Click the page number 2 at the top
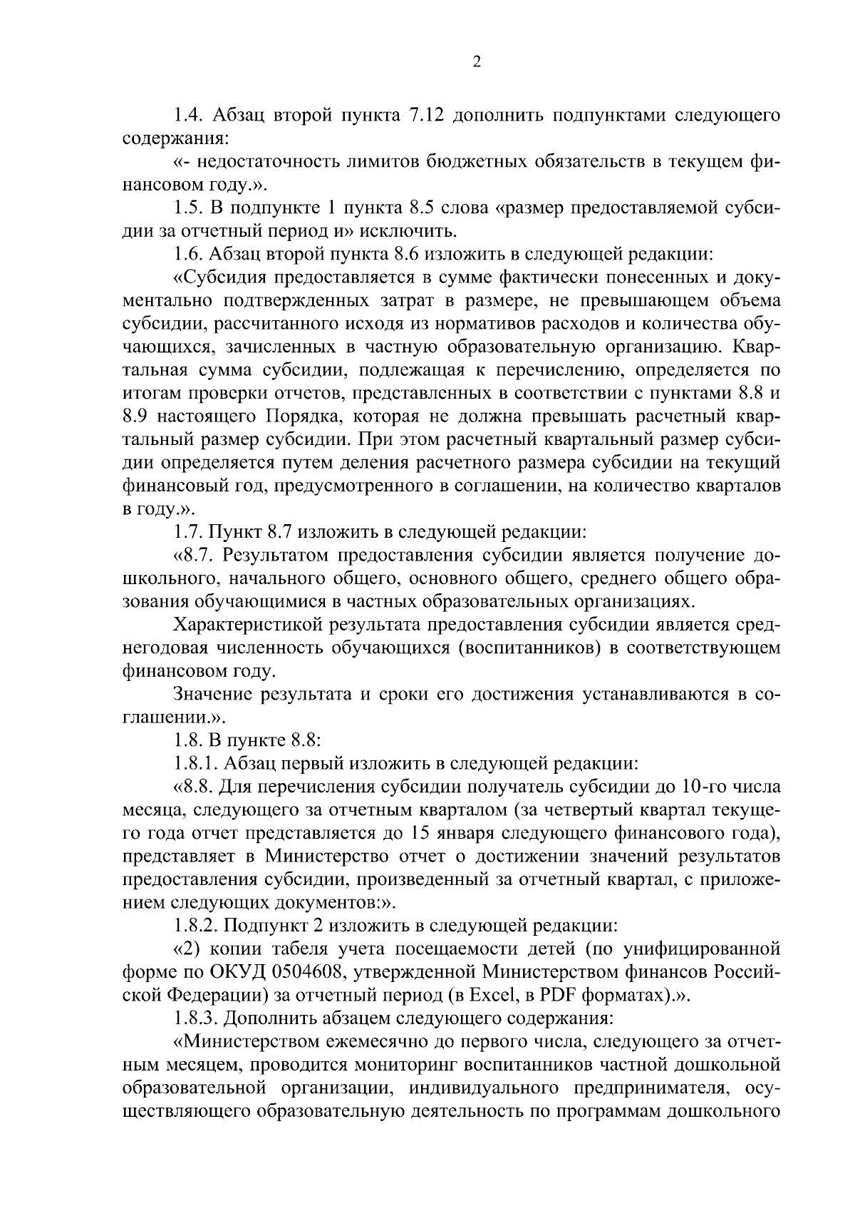pos(477,63)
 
